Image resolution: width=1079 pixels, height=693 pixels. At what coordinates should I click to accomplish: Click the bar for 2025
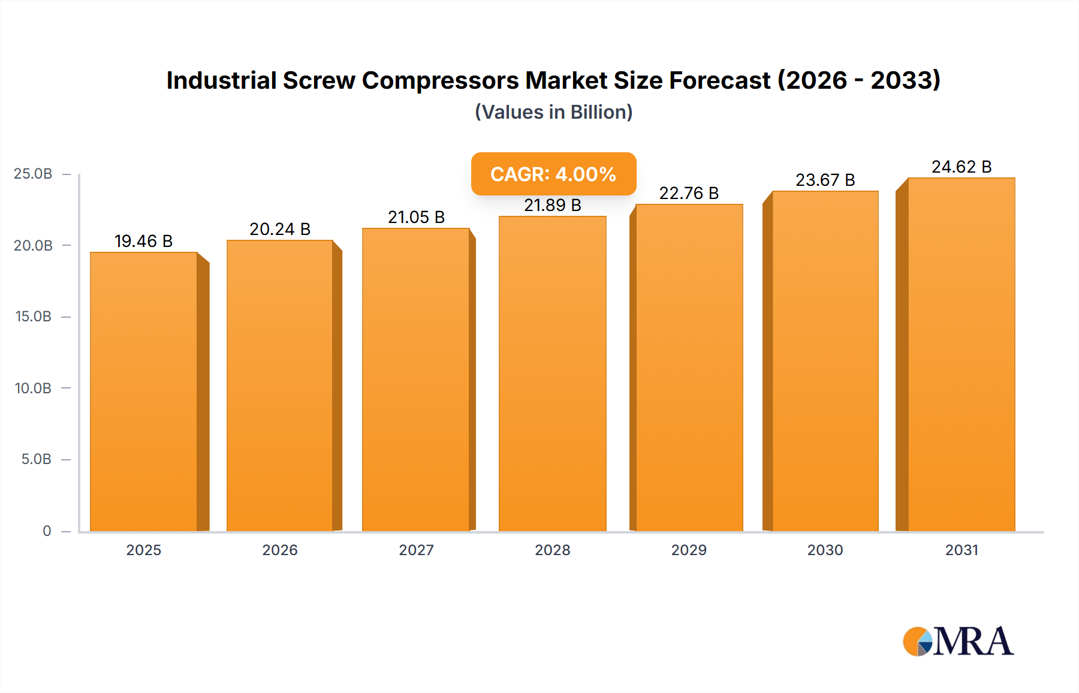coord(144,393)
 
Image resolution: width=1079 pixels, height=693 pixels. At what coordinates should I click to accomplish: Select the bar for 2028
coord(552,375)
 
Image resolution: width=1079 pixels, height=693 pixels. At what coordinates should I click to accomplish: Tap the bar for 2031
coord(961,355)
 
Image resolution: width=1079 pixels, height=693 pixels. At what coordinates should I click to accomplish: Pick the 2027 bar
coord(415,381)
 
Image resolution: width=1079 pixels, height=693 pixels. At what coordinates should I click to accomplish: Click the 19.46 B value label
coord(144,241)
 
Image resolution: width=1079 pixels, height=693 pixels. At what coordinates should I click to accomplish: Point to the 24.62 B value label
coord(962,167)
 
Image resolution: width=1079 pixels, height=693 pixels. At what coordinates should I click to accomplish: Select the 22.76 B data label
coord(689,193)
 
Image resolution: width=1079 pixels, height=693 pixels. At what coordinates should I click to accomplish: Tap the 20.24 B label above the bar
coord(280,229)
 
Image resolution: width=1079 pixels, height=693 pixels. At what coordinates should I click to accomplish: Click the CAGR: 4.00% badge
coord(553,174)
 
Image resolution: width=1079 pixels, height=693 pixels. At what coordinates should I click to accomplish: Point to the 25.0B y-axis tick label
coord(33,174)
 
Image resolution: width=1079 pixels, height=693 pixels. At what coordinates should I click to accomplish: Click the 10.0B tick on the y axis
coord(33,388)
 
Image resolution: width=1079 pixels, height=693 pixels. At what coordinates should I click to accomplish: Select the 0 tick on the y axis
coord(47,531)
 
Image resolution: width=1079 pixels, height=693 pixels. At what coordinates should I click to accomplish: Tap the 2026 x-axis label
coord(280,550)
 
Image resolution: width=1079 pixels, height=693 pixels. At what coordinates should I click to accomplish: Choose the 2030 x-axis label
coord(825,550)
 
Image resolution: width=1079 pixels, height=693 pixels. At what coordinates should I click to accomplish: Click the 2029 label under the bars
coord(689,550)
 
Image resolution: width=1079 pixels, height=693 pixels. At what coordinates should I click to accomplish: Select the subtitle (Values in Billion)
coord(553,112)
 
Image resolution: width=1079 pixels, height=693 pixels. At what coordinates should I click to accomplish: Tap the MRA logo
coord(958,641)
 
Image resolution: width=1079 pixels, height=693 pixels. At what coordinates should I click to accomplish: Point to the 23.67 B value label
coord(825,180)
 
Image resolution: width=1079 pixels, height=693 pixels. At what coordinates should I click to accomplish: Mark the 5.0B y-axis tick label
coord(36,459)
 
